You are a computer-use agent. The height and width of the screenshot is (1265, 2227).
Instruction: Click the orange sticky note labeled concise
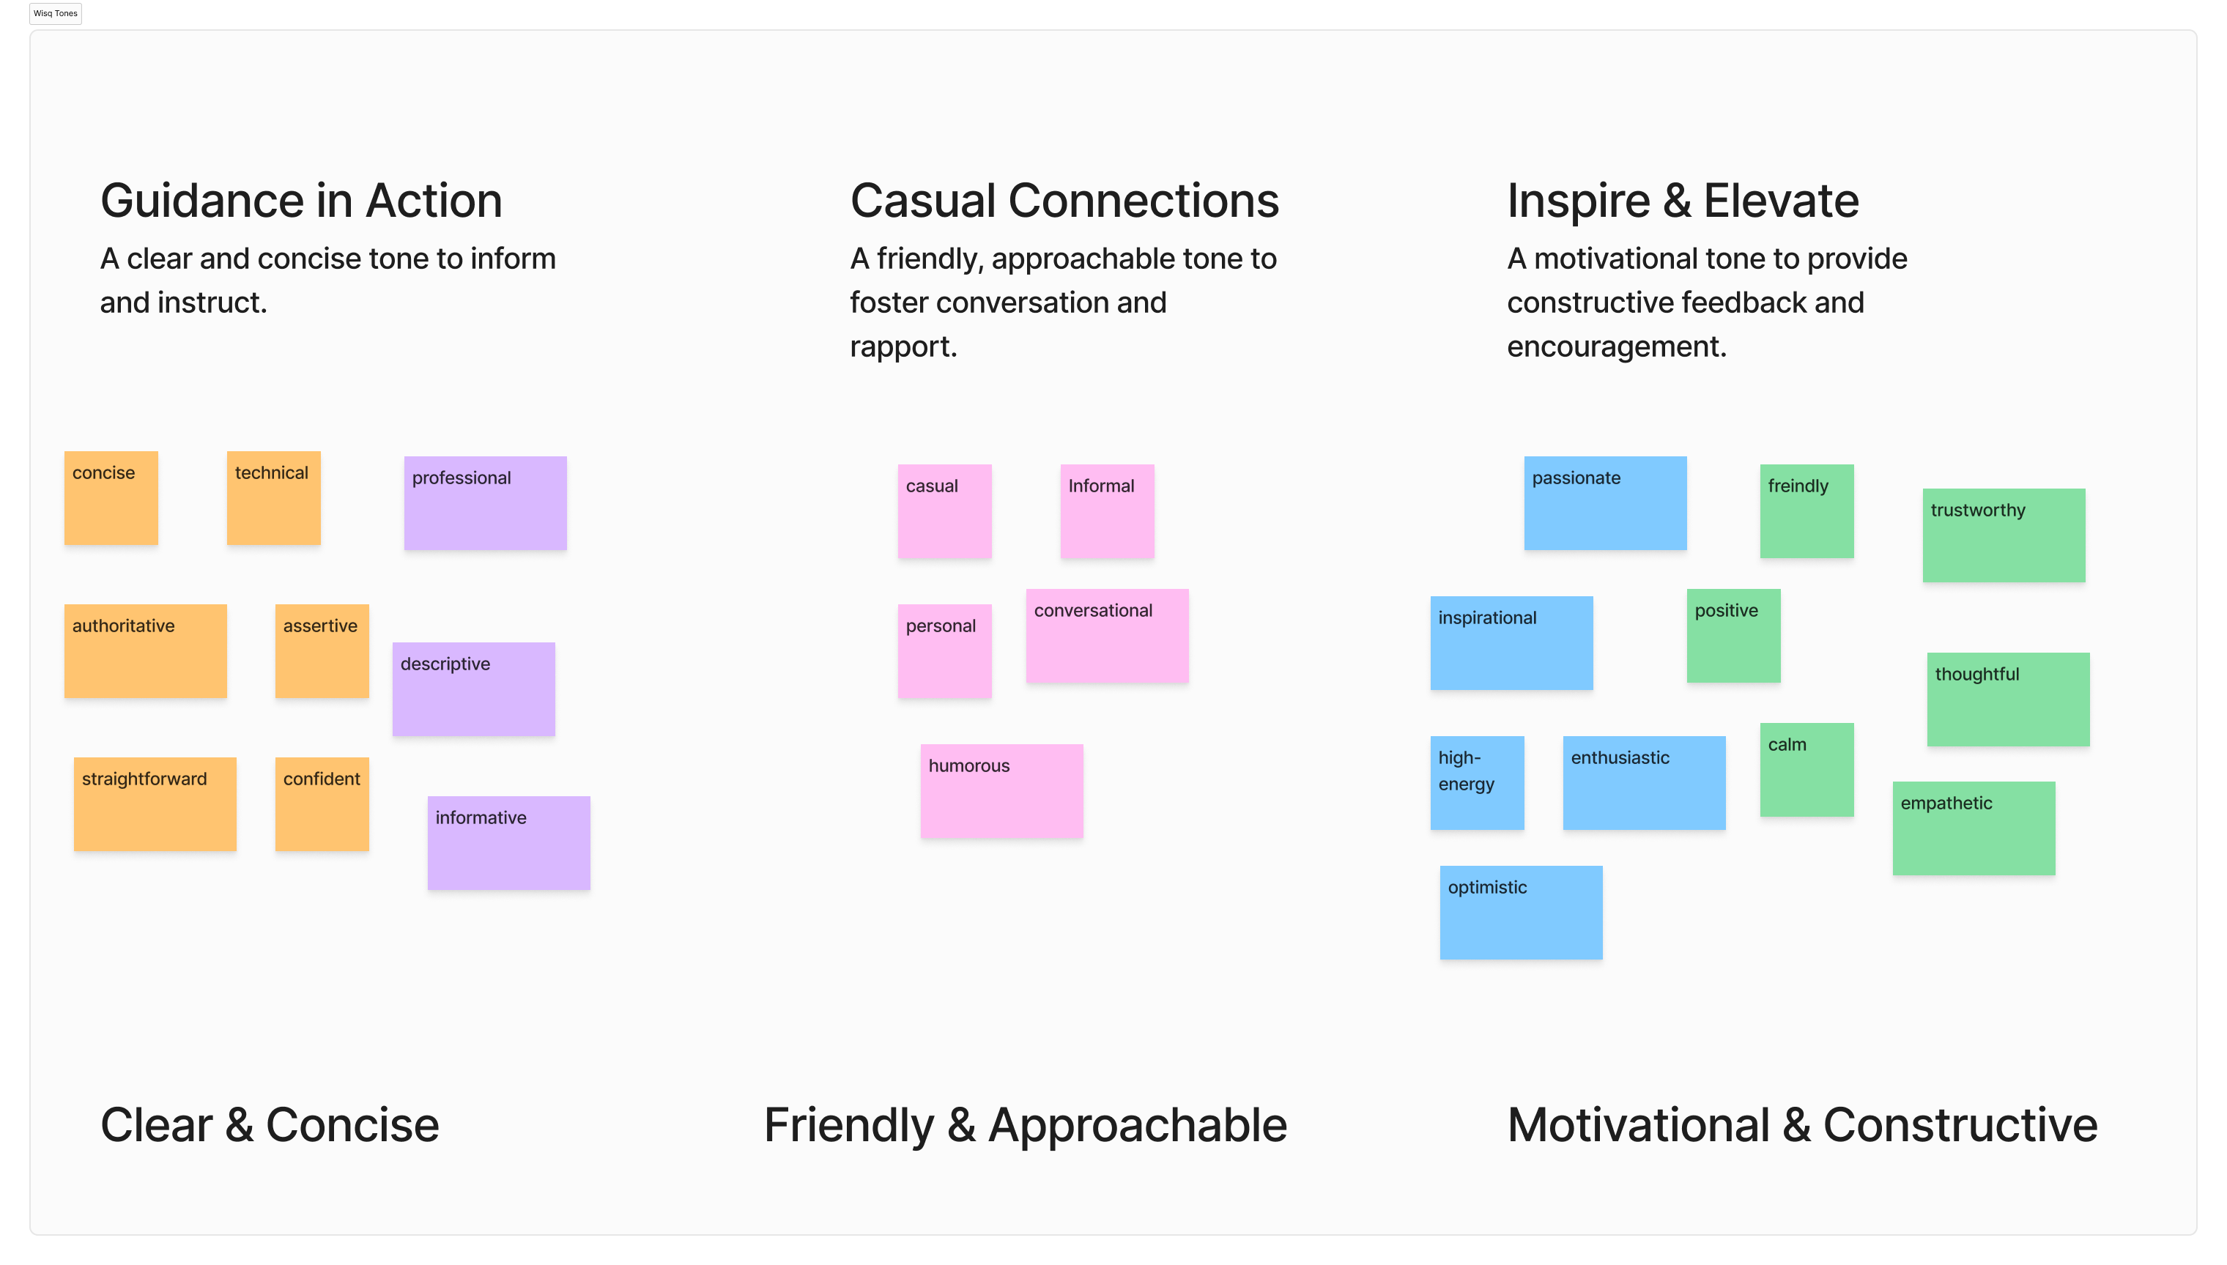pos(111,498)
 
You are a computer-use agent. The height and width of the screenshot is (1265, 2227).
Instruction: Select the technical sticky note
pos(274,498)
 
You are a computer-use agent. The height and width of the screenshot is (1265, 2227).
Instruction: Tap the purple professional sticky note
pos(485,503)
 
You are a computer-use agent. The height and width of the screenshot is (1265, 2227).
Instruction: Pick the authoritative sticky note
pos(145,650)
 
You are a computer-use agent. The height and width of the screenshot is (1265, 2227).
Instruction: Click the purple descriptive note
pos(473,689)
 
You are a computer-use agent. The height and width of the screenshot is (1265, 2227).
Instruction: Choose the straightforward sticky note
pos(155,804)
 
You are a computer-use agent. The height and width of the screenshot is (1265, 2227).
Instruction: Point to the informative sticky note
pos(508,843)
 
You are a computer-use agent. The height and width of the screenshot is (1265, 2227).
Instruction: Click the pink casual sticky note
pos(944,511)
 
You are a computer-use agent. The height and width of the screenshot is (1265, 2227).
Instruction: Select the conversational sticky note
pos(1107,636)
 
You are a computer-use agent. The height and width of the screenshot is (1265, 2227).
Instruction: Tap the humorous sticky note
pos(1002,790)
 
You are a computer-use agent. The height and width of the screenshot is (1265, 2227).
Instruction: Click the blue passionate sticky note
pos(1605,503)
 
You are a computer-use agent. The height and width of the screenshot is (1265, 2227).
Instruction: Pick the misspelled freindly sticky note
pos(1807,511)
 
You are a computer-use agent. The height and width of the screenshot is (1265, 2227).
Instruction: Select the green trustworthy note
pos(2004,535)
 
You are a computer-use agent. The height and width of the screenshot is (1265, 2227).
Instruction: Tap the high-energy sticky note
pos(1477,783)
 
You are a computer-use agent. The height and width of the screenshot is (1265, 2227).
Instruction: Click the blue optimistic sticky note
pos(1521,912)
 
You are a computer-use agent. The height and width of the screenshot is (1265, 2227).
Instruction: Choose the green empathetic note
pos(1974,828)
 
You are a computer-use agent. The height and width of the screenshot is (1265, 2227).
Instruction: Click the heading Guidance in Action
pos(302,201)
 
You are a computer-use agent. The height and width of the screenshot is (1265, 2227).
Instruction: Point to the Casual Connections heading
pos(1064,201)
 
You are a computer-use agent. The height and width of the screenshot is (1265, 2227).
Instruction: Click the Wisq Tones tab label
pos(56,13)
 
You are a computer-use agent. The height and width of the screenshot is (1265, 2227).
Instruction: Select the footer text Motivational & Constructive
pos(1802,1125)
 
